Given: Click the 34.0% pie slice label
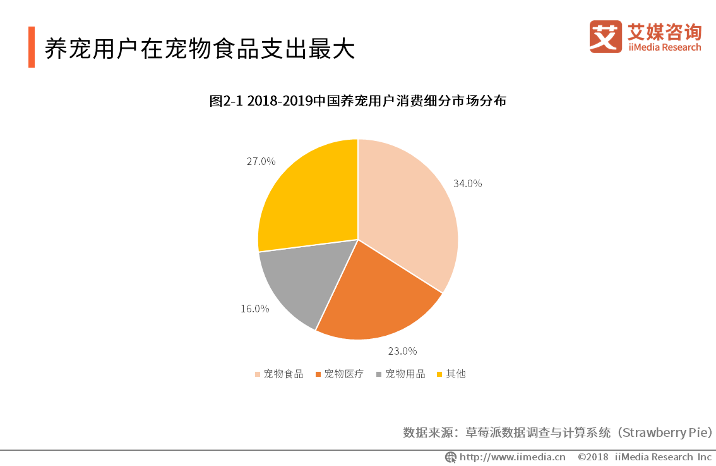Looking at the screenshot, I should click(x=467, y=183).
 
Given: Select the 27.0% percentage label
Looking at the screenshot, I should click(x=261, y=161).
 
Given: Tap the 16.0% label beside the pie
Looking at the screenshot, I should click(x=254, y=309).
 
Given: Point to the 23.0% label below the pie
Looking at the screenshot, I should click(x=402, y=350).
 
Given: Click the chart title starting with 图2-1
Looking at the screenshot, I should click(x=357, y=101).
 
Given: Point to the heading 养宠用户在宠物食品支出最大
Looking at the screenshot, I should click(x=200, y=49).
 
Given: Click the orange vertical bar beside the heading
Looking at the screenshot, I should click(x=32, y=47).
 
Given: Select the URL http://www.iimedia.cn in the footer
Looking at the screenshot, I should click(x=512, y=457).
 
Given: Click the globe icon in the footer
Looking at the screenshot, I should click(x=450, y=457).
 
